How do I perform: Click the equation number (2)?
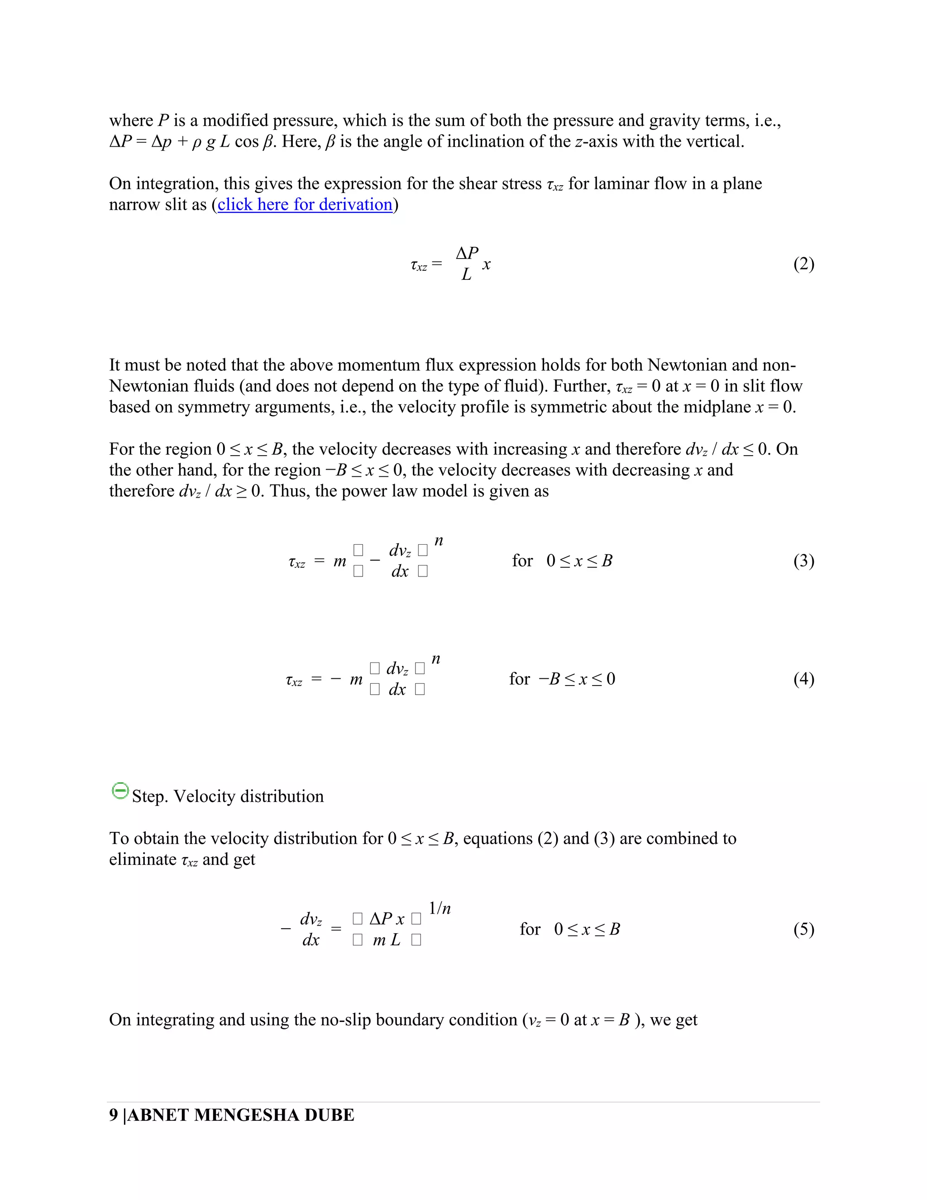click(803, 264)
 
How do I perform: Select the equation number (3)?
click(803, 561)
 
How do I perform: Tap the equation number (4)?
click(803, 679)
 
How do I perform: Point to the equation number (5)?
click(803, 929)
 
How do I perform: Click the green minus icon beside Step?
click(119, 791)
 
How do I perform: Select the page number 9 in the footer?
click(114, 1115)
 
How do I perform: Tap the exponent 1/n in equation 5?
click(440, 908)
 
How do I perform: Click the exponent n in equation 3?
click(438, 541)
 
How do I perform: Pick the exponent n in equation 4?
click(435, 659)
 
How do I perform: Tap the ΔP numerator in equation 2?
click(467, 253)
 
